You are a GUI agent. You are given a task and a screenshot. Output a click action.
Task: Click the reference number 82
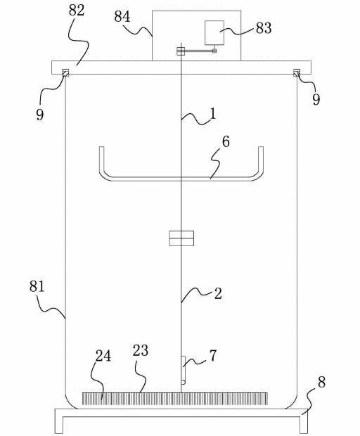[x=77, y=11]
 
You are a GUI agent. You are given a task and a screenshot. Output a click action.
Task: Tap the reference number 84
[x=122, y=17]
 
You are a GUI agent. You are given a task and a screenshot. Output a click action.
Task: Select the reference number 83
[x=264, y=28]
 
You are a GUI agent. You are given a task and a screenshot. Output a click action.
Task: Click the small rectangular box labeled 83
[x=214, y=32]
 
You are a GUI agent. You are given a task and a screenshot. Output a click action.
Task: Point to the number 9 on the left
[x=40, y=115]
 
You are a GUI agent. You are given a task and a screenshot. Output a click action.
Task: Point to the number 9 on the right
[x=316, y=99]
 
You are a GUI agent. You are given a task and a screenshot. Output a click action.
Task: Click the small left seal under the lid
[x=65, y=72]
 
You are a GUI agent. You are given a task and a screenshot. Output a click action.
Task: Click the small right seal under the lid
[x=297, y=72]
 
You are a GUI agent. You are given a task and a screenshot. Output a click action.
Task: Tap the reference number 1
[x=212, y=113]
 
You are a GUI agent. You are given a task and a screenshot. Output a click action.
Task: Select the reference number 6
[x=226, y=142]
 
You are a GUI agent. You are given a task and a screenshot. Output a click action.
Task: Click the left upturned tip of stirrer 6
[x=101, y=148]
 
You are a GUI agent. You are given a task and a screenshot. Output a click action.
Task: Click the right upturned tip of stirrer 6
[x=261, y=148]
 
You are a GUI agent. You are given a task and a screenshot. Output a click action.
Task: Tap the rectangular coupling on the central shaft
[x=181, y=238]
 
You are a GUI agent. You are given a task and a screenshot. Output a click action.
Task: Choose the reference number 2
[x=218, y=294]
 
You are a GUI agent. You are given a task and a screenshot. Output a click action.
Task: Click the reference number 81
[x=37, y=286]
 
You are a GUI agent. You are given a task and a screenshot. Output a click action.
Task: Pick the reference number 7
[x=212, y=355]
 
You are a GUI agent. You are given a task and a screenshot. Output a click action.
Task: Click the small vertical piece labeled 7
[x=184, y=370]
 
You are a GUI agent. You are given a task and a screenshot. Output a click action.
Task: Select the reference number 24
[x=103, y=356]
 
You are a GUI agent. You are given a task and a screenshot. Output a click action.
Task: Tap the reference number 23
[x=141, y=351]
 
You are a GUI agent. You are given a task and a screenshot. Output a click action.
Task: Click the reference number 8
[x=321, y=383]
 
